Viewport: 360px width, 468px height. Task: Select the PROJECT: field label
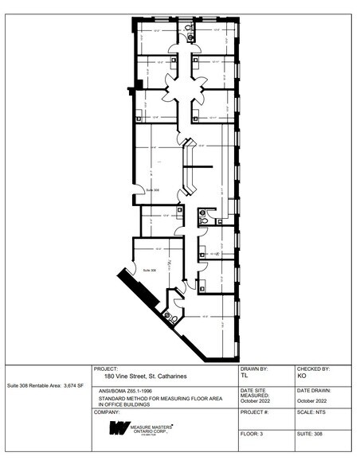(x=105, y=369)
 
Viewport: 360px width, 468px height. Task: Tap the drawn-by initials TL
(x=244, y=376)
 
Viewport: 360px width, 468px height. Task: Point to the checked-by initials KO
(x=302, y=376)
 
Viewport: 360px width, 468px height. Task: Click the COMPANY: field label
(x=107, y=412)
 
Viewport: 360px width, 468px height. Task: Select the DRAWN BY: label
(x=254, y=369)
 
